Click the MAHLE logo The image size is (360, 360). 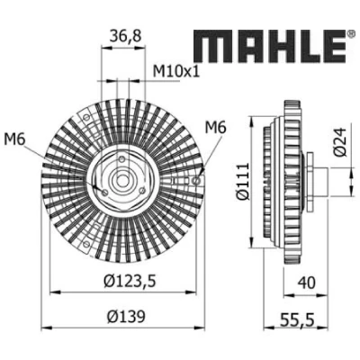(x=270, y=46)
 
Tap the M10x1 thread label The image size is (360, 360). (x=176, y=71)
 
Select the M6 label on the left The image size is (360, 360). (x=14, y=139)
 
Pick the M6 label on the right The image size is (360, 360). (x=215, y=128)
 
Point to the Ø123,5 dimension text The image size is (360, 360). (x=130, y=282)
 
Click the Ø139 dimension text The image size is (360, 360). (x=126, y=316)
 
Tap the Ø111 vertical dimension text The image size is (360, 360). (x=242, y=181)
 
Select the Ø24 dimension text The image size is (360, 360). (x=340, y=142)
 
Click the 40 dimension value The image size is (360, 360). (x=306, y=283)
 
